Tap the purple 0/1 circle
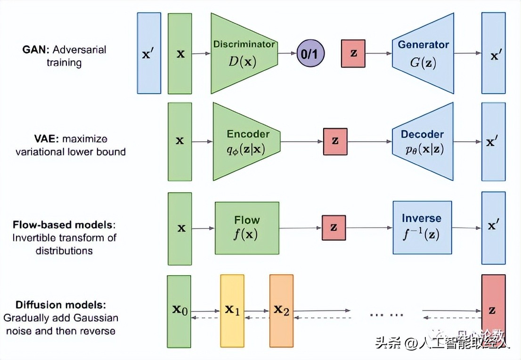[x=310, y=54]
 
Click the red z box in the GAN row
[x=353, y=53]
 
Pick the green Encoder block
[x=246, y=141]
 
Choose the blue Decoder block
[x=423, y=141]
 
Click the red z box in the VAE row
[x=335, y=141]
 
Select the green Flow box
[x=247, y=228]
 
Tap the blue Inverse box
[x=422, y=228]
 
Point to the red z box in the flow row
[x=334, y=228]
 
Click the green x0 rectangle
[x=179, y=311]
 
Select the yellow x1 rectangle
[x=232, y=311]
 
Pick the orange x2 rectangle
[x=281, y=311]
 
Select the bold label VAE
[x=39, y=139]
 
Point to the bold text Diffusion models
[x=60, y=305]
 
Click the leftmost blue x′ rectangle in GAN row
[x=149, y=53]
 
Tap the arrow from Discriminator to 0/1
[x=286, y=54]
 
